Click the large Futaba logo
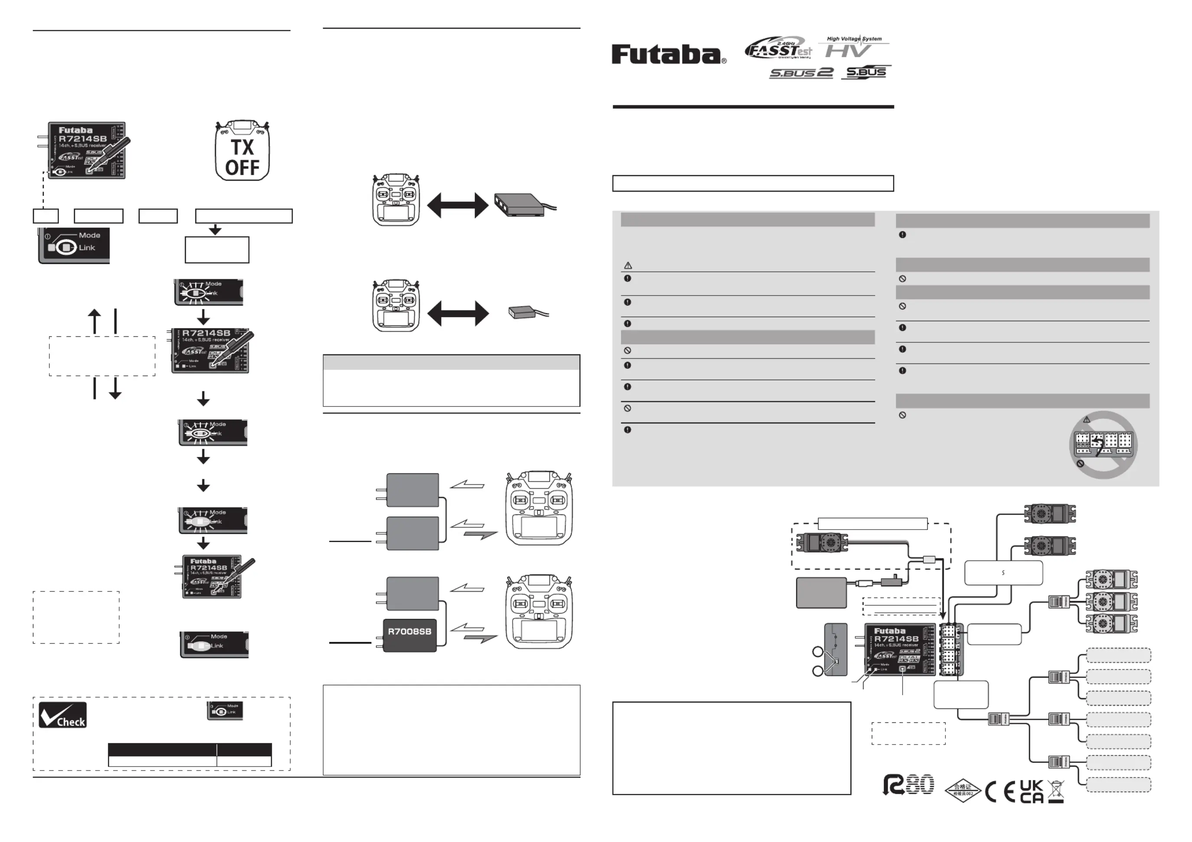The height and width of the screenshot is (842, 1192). [x=669, y=55]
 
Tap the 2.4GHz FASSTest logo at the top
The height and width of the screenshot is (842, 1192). [x=778, y=49]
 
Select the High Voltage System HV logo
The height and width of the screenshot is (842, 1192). [x=854, y=47]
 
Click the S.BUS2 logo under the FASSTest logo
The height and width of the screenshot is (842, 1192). [x=801, y=73]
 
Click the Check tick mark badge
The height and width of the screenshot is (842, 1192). [x=63, y=715]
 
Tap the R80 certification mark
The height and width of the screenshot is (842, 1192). [x=909, y=785]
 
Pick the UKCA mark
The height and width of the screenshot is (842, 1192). [x=1032, y=792]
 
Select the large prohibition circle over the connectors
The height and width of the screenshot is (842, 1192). [x=1103, y=445]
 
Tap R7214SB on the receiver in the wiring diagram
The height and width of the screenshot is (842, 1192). [x=896, y=639]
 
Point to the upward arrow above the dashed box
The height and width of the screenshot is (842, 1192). [x=94, y=322]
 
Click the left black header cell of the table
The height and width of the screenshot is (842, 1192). [x=162, y=749]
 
